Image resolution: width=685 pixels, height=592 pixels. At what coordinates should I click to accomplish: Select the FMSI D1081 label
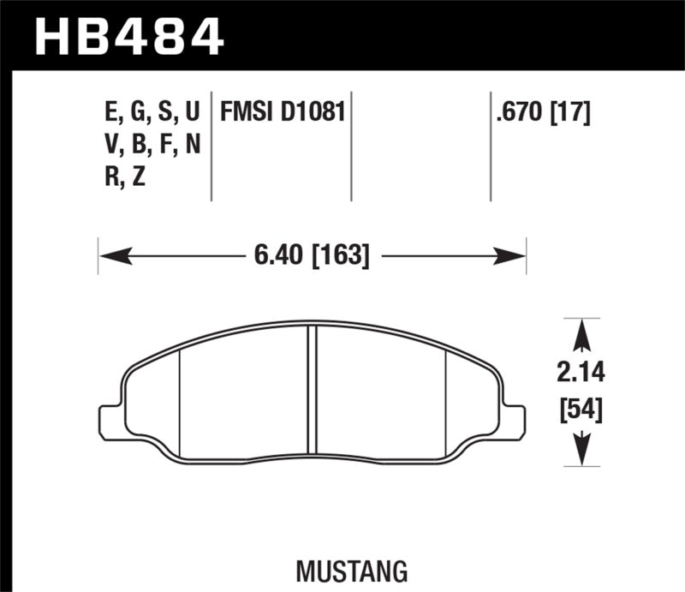283,111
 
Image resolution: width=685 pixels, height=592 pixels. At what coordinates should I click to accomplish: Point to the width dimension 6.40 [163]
312,254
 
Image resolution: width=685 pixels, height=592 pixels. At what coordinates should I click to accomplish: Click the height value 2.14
582,374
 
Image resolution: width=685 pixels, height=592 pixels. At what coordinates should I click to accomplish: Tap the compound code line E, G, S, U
151,111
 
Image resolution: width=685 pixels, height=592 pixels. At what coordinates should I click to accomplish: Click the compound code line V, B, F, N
151,145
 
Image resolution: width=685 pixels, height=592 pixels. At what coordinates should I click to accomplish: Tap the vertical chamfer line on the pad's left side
179,403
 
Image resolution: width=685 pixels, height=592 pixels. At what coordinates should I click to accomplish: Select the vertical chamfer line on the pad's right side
448,403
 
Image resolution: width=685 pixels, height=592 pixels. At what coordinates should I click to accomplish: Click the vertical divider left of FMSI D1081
211,146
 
